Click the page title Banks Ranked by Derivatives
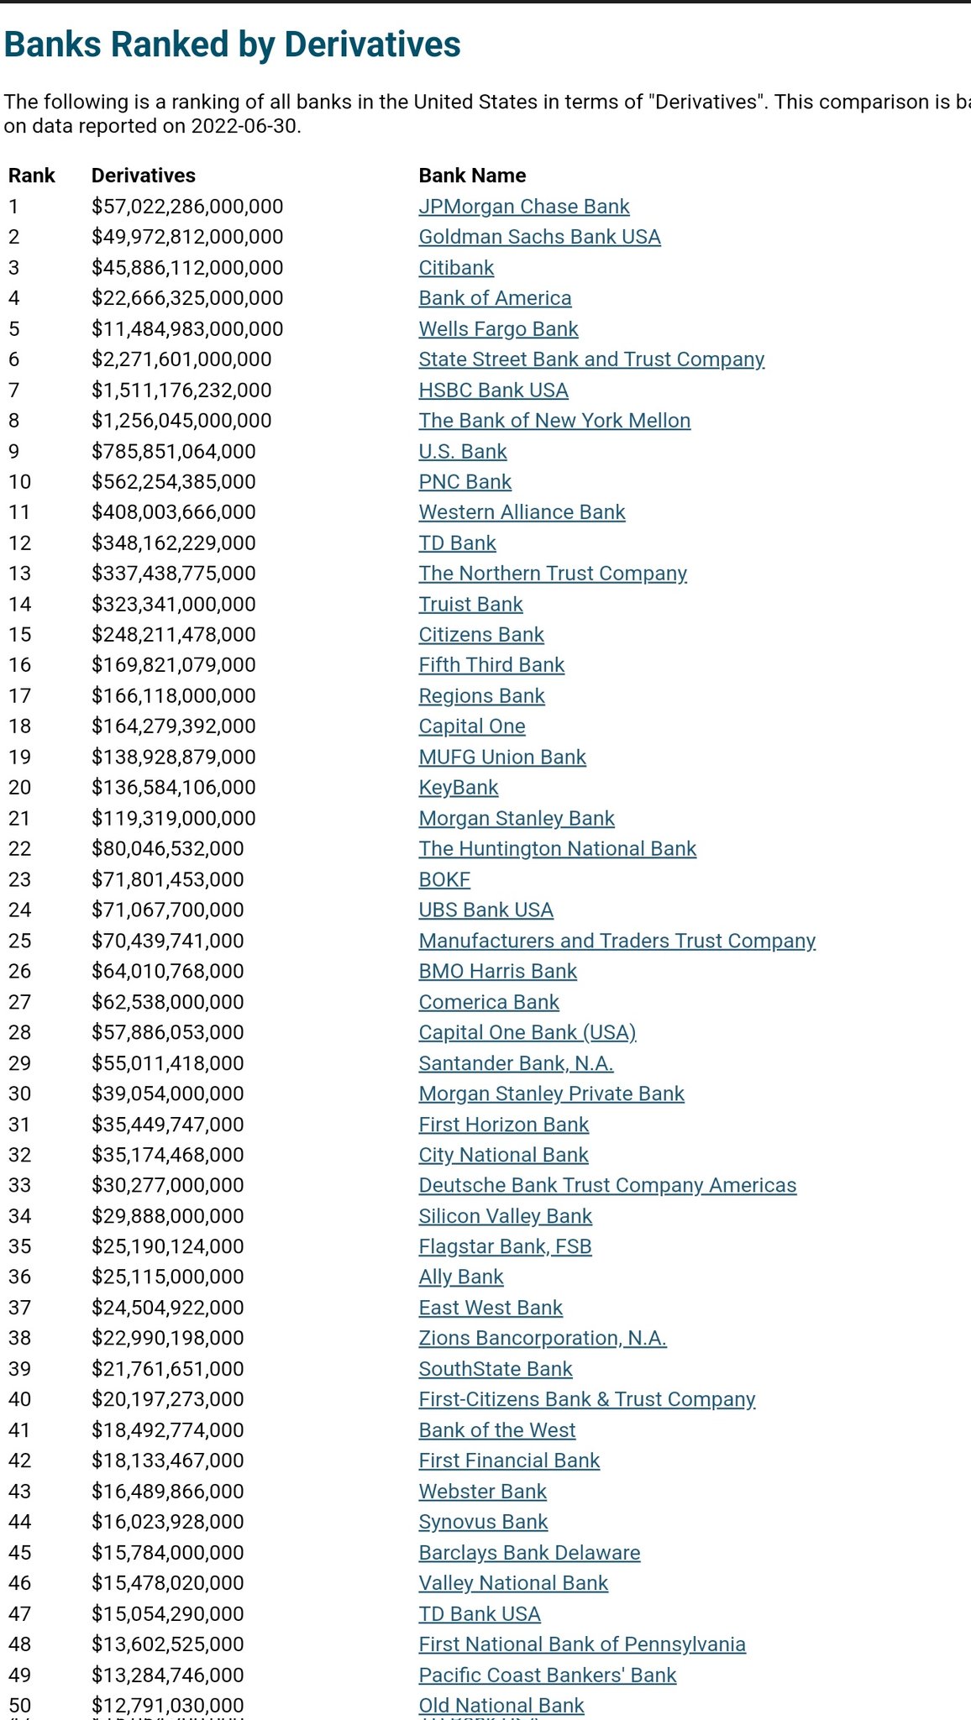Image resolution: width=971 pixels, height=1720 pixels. pyautogui.click(x=233, y=45)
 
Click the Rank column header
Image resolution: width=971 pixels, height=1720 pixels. pyautogui.click(x=32, y=176)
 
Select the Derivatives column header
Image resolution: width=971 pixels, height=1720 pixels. pyautogui.click(x=144, y=176)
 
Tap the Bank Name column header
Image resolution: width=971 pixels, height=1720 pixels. pyautogui.click(x=472, y=176)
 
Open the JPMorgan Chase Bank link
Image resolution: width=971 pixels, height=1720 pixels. pyautogui.click(x=524, y=207)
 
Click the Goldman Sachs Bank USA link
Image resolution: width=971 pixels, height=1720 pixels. pyautogui.click(x=539, y=237)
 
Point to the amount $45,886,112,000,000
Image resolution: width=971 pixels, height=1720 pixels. pyautogui.click(x=187, y=268)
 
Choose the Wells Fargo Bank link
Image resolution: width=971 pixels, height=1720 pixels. pyautogui.click(x=498, y=329)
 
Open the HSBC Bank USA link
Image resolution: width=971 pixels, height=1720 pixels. pyautogui.click(x=493, y=391)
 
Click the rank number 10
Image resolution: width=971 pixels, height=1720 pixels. pyautogui.click(x=19, y=482)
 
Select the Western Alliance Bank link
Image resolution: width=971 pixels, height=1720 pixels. pyautogui.click(x=522, y=512)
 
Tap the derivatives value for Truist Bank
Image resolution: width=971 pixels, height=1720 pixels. pyautogui.click(x=174, y=605)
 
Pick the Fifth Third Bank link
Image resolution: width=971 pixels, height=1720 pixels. pyautogui.click(x=491, y=665)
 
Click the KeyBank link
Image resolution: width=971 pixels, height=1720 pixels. pyautogui.click(x=459, y=788)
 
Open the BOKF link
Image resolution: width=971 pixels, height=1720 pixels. pyautogui.click(x=444, y=880)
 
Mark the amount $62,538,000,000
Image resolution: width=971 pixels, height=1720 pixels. pyautogui.click(x=168, y=1003)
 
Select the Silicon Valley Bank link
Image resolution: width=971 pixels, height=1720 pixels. pyautogui.click(x=505, y=1216)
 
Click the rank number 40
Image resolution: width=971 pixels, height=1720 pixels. pyautogui.click(x=19, y=1400)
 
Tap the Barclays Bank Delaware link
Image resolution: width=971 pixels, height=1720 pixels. pyautogui.click(x=529, y=1553)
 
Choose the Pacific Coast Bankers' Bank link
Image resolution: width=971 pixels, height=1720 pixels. pyautogui.click(x=547, y=1675)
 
